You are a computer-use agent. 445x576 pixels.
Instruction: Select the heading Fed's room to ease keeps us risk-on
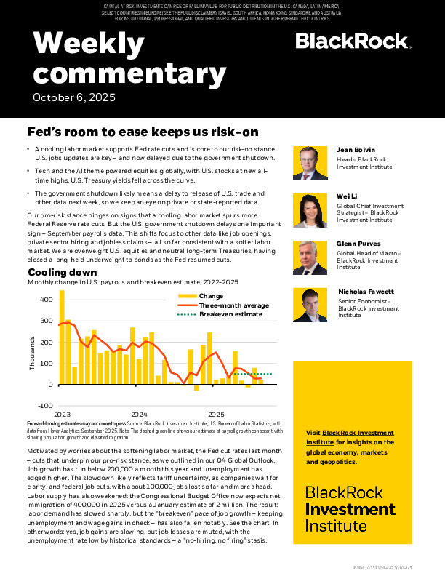[x=142, y=132]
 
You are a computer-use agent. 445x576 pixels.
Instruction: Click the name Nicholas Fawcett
[x=366, y=292]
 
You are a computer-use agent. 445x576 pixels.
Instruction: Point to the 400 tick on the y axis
[x=46, y=300]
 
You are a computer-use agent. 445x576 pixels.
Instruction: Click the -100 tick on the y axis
[x=44, y=405]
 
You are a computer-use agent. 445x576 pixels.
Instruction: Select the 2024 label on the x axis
[x=139, y=414]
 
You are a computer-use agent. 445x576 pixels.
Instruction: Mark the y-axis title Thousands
[x=32, y=353]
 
